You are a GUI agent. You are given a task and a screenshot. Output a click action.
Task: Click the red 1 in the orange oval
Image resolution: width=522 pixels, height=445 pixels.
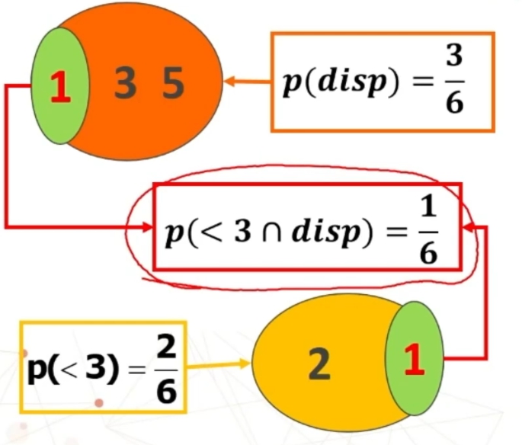tap(61, 87)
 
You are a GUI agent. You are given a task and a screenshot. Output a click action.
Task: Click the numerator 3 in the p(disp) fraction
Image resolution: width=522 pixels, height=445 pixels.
tap(454, 55)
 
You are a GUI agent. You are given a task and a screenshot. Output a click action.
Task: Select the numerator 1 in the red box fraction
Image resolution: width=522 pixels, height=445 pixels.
tap(429, 206)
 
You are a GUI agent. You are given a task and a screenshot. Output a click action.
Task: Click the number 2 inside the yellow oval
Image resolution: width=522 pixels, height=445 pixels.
tap(319, 364)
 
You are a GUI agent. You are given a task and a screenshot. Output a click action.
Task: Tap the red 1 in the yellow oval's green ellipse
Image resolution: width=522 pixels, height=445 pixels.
tap(415, 360)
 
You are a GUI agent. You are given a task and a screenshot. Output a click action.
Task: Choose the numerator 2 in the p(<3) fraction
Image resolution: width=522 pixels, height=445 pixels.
tap(165, 346)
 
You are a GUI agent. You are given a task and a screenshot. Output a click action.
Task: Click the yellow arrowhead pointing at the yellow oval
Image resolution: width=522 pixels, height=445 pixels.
tap(245, 363)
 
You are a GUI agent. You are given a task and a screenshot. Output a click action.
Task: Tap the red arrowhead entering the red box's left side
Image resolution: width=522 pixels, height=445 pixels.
tap(147, 227)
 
